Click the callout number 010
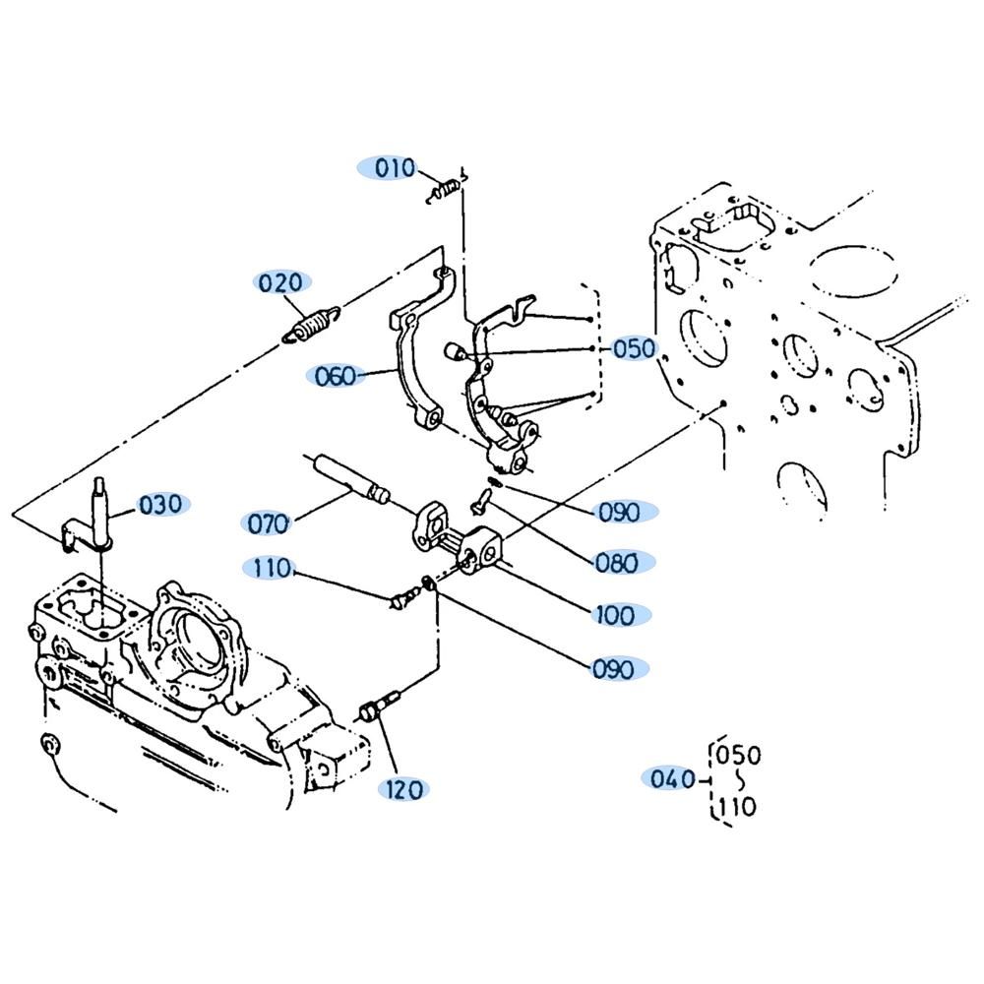click(x=395, y=168)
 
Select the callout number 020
click(x=280, y=283)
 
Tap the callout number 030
click(x=160, y=504)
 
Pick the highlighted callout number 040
click(x=672, y=778)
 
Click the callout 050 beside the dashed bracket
click(x=634, y=348)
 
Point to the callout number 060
click(x=335, y=377)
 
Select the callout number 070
click(x=268, y=523)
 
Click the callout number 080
click(x=616, y=563)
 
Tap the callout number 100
click(x=615, y=615)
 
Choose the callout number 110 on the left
click(x=272, y=569)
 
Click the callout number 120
click(x=404, y=789)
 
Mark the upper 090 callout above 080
click(x=619, y=513)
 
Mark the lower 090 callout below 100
click(x=613, y=669)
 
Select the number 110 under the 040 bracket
click(x=736, y=807)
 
